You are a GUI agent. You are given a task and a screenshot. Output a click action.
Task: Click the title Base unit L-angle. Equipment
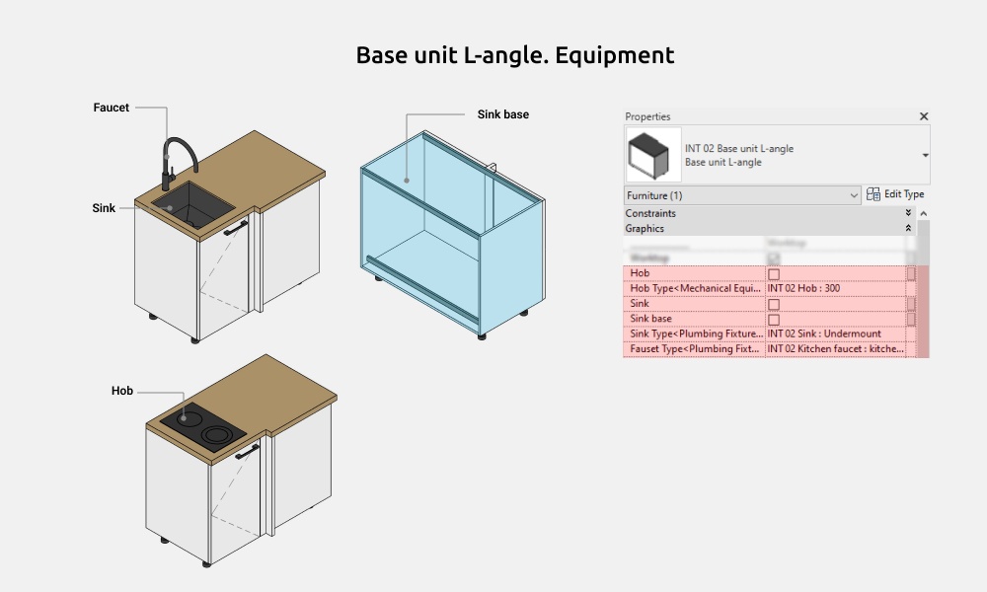pos(515,55)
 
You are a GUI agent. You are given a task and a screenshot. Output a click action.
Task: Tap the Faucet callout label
pos(112,108)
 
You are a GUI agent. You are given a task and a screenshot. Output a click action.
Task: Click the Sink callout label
pos(104,208)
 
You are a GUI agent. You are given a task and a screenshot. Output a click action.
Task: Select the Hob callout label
pos(122,392)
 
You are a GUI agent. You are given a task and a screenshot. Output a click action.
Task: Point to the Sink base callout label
pos(503,114)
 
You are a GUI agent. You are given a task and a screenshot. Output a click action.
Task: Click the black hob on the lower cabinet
pos(201,425)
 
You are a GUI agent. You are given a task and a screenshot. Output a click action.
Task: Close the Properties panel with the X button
pos(924,116)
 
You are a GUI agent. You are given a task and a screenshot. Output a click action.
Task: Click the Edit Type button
pos(896,194)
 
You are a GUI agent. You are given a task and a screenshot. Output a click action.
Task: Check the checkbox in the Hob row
pos(774,273)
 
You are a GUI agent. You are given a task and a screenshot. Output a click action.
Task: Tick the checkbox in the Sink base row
pos(774,320)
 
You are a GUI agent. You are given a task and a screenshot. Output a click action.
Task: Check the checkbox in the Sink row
pos(774,304)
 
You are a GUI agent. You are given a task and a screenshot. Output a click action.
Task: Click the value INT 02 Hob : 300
pos(804,288)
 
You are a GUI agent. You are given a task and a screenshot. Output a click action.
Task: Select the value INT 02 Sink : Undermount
pos(824,334)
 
